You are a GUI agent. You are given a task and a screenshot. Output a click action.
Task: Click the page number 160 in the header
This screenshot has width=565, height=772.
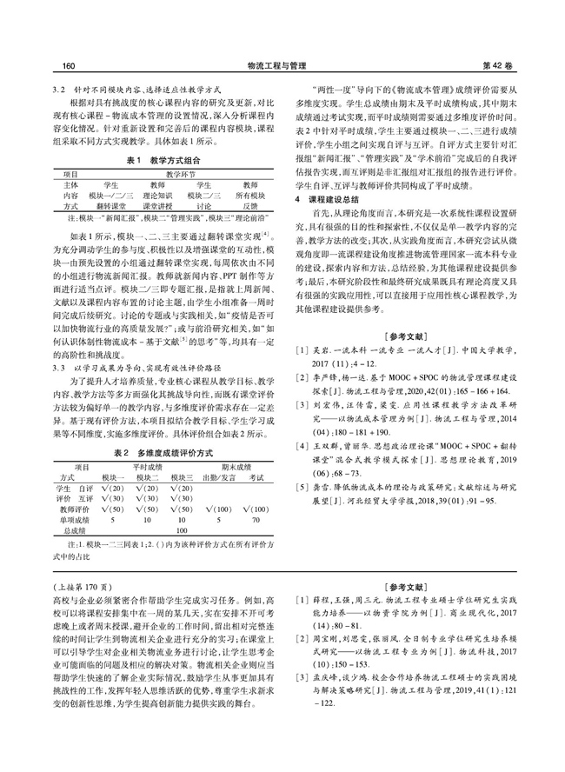tap(62, 65)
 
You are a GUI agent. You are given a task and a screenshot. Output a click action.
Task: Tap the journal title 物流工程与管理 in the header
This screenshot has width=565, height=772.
tap(282, 65)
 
